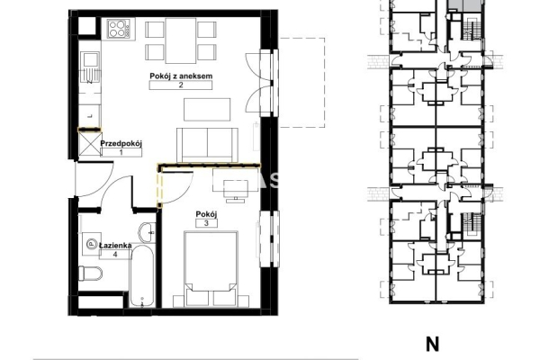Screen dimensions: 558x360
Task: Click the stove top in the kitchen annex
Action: (119, 29)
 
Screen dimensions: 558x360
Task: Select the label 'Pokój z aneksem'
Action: (181, 76)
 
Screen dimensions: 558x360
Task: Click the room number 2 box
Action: (181, 85)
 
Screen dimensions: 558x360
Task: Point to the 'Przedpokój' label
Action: (121, 144)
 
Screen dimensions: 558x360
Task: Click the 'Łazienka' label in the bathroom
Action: (115, 246)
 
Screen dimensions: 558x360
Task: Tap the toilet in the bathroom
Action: (90, 274)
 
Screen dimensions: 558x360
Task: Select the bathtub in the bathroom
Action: (142, 275)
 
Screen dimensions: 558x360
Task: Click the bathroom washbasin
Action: (147, 232)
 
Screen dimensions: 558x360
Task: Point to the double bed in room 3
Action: (211, 268)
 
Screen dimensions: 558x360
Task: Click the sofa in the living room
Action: (207, 145)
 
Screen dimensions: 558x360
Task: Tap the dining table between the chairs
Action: (181, 40)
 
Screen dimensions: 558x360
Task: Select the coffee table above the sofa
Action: (207, 110)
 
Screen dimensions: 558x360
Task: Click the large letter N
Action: (432, 345)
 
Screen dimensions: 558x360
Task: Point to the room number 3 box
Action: (206, 223)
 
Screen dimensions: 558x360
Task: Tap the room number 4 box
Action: (115, 255)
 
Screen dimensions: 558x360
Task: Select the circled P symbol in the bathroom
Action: (92, 244)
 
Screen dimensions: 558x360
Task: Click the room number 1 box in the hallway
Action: (121, 153)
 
